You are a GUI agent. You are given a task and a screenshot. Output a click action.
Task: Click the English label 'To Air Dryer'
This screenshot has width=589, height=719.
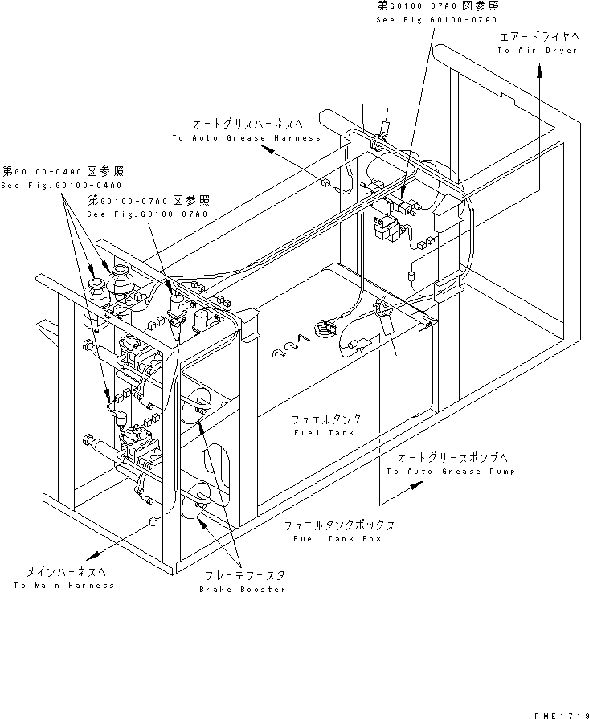click(x=537, y=51)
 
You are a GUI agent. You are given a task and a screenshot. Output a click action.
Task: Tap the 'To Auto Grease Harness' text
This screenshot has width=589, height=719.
click(x=246, y=138)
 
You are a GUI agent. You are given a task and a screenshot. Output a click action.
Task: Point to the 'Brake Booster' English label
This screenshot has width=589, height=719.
click(x=242, y=589)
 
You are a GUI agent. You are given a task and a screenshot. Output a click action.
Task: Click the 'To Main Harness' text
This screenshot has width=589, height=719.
click(x=63, y=585)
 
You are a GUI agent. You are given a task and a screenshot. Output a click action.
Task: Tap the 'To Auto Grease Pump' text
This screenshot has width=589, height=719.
click(x=450, y=471)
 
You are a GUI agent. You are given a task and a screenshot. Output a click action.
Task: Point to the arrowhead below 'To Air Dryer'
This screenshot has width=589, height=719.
click(x=538, y=70)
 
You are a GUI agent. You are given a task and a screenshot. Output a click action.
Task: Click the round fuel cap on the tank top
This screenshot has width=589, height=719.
click(x=325, y=328)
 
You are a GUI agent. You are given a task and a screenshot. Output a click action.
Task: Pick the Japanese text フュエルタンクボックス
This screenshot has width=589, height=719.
click(x=338, y=525)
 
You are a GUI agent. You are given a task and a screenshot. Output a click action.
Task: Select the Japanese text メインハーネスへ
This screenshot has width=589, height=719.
click(x=64, y=571)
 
